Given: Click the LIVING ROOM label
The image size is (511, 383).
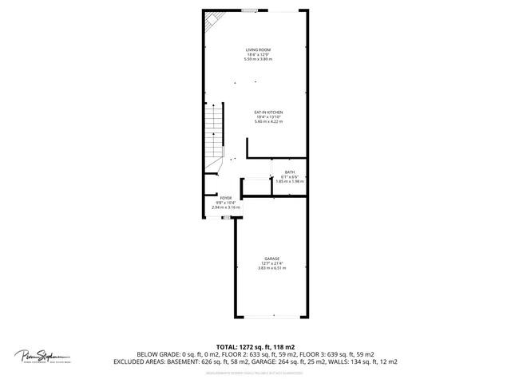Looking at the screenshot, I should pyautogui.click(x=258, y=49).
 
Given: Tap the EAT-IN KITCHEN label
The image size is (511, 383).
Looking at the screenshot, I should pyautogui.click(x=268, y=112).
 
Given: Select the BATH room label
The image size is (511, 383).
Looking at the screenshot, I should pyautogui.click(x=289, y=172).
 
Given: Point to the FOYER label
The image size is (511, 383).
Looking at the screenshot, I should pyautogui.click(x=226, y=197).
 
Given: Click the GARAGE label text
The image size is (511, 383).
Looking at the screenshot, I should pyautogui.click(x=271, y=258).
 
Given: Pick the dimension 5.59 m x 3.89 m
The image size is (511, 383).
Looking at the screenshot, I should pyautogui.click(x=258, y=59).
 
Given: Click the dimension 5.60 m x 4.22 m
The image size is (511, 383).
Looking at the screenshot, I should pyautogui.click(x=268, y=121).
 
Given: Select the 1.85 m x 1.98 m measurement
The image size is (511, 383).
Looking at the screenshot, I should pyautogui.click(x=289, y=181).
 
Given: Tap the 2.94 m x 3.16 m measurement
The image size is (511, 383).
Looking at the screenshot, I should pyautogui.click(x=226, y=207).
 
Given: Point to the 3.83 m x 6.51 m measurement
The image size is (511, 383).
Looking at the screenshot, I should pyautogui.click(x=271, y=268).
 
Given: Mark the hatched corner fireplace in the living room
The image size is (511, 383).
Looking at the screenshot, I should pyautogui.click(x=213, y=22).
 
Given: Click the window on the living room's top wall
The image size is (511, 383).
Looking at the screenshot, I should pyautogui.click(x=250, y=10).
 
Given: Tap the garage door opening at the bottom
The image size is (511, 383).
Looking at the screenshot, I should pyautogui.click(x=271, y=316).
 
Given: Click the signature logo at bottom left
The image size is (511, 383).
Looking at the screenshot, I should pyautogui.click(x=42, y=356).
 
